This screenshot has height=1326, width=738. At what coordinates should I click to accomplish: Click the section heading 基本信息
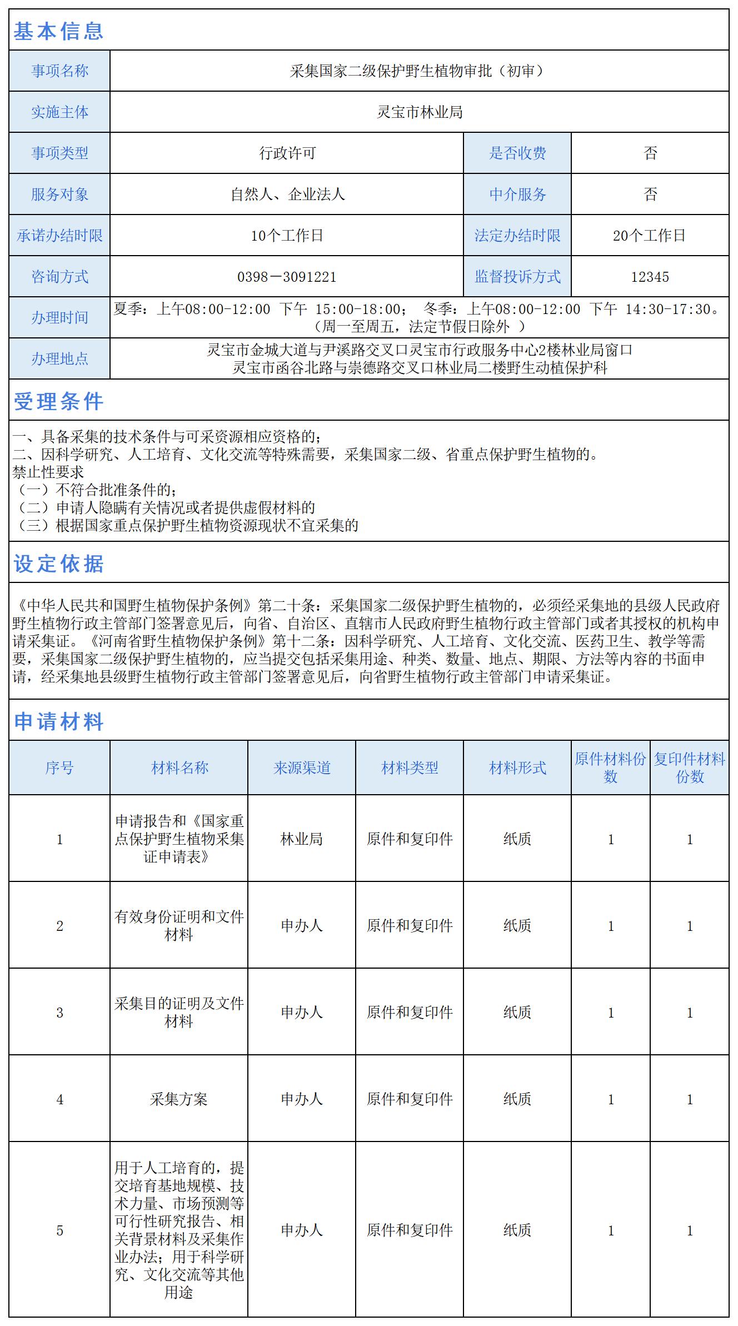tap(58, 31)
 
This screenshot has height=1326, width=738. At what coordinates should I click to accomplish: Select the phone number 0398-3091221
tap(287, 277)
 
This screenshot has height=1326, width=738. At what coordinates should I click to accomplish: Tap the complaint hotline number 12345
tap(650, 277)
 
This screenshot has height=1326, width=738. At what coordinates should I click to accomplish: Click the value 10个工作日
tap(287, 236)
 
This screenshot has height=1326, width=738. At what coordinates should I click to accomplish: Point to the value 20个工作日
tap(649, 236)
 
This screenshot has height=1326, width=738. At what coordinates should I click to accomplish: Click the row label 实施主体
tap(59, 112)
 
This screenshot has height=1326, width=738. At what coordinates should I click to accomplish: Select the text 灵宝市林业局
tap(420, 112)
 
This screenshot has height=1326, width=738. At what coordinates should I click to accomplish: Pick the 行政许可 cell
tap(287, 153)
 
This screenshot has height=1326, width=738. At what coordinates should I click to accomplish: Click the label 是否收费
tap(517, 153)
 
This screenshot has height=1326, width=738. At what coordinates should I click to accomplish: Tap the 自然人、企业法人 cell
tap(287, 195)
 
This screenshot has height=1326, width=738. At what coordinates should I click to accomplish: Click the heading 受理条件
tap(58, 401)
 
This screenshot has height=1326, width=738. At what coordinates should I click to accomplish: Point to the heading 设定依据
tap(58, 564)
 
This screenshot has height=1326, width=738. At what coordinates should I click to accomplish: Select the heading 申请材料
tap(58, 721)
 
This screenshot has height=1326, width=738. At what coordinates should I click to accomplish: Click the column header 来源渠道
tap(302, 768)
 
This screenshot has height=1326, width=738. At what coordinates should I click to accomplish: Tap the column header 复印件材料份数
tap(689, 768)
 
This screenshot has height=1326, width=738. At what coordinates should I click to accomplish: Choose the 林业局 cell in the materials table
tap(302, 839)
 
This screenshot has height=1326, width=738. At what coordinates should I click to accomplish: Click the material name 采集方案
tap(178, 1099)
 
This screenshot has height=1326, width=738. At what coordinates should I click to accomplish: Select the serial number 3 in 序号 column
tap(59, 1013)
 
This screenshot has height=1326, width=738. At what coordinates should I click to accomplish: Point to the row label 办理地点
tap(59, 359)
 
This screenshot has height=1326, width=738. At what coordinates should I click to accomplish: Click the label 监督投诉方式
tap(517, 277)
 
